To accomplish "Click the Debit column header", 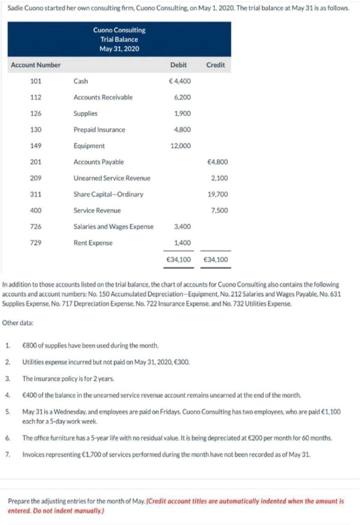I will pos(178,65).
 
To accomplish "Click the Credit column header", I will pos(216,65).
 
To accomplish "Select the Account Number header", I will pos(36,65).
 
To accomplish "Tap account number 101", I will pos(36,81).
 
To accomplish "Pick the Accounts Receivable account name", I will pos(103,97).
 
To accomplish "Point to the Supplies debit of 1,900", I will pos(182,113).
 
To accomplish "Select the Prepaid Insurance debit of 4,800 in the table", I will pos(182,130).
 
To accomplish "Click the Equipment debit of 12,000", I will pos(181,146).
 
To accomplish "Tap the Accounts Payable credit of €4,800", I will pos(218,162).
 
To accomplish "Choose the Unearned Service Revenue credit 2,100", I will pos(220,178).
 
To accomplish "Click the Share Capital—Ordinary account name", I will pos(108,194).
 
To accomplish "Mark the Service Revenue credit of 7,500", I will pos(220,210).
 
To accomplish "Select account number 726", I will pos(36,226).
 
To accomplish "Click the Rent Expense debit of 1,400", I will pos(182,243).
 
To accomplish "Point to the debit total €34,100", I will pos(178,259).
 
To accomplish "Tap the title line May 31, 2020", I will pos(119,49).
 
